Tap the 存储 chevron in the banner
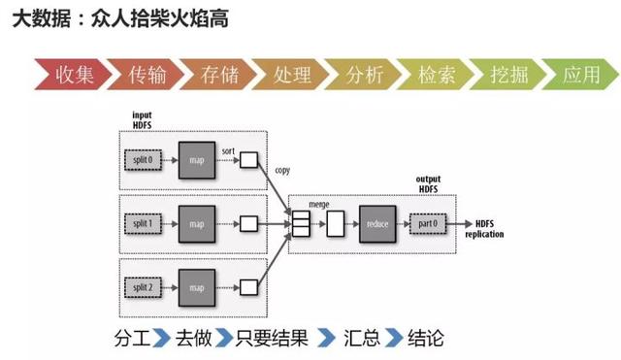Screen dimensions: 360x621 pyautogui.click(x=219, y=75)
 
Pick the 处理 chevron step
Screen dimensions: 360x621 pyautogui.click(x=292, y=75)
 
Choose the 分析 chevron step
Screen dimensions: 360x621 pyautogui.click(x=365, y=75)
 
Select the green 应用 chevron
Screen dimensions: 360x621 pyautogui.click(x=581, y=75)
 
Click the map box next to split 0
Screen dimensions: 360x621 pyautogui.click(x=198, y=158)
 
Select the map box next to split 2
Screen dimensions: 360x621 pyautogui.click(x=198, y=288)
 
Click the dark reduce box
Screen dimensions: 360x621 pyautogui.click(x=377, y=224)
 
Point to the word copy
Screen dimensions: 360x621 pyautogui.click(x=282, y=171)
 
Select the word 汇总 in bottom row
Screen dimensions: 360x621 pyautogui.click(x=361, y=339)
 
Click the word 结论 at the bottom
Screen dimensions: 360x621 pyautogui.click(x=425, y=339)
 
